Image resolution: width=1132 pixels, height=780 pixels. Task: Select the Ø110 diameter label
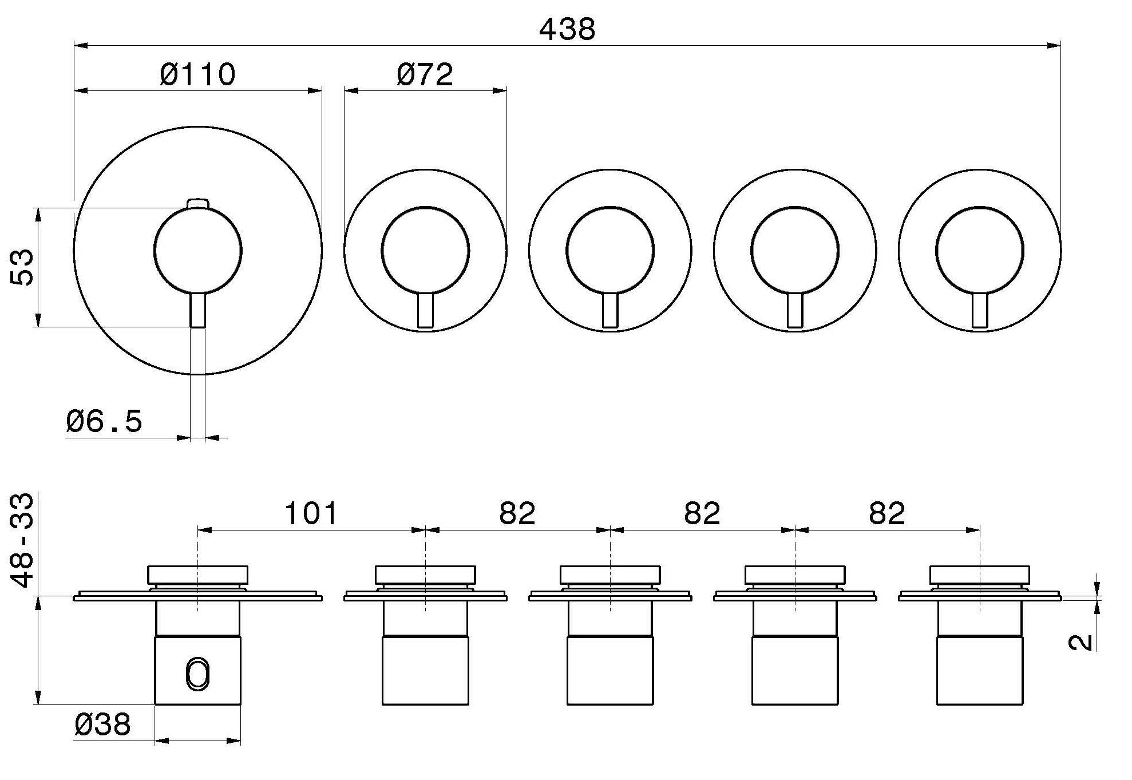tap(197, 74)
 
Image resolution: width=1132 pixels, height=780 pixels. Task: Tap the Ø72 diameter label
tap(425, 74)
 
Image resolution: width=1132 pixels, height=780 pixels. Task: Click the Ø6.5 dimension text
tap(104, 421)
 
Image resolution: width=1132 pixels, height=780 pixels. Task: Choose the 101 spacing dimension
tap(311, 513)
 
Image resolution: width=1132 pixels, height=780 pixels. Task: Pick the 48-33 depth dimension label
tap(22, 541)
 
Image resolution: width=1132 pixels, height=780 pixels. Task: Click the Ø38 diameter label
tap(102, 724)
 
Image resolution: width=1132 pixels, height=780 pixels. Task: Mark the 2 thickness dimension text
tap(1080, 643)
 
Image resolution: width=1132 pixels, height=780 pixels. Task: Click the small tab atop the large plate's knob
tap(198, 204)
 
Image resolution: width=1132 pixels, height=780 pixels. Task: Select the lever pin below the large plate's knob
tap(198, 310)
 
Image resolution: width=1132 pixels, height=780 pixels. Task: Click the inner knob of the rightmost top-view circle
tap(979, 251)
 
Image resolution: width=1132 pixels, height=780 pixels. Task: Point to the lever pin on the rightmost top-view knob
tap(979, 310)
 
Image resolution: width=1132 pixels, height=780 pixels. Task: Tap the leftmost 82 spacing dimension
tap(517, 513)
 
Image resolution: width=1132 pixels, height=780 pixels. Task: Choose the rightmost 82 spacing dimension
tap(887, 513)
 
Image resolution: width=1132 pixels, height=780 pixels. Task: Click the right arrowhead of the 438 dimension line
tap(1054, 45)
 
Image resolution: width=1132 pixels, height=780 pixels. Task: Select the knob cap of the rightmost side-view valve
tap(979, 575)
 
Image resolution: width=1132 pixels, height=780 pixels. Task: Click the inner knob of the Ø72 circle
tap(425, 251)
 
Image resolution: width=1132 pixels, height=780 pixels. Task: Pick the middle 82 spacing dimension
tap(702, 513)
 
